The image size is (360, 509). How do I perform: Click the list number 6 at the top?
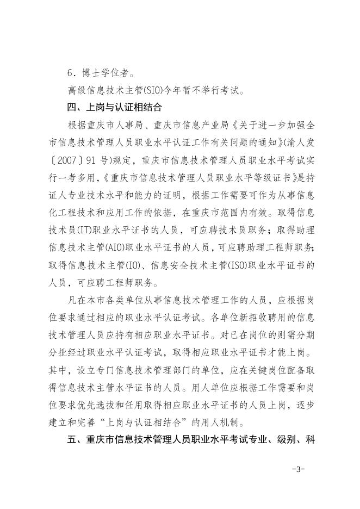point(70,71)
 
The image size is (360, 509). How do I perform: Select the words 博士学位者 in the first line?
point(103,71)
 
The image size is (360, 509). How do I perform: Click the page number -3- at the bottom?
point(298,469)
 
